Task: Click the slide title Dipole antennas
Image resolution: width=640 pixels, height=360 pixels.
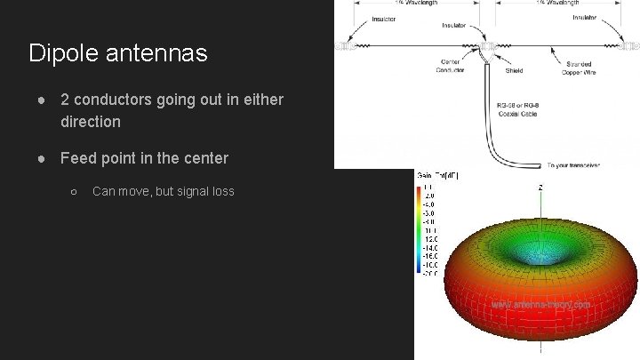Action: [118, 53]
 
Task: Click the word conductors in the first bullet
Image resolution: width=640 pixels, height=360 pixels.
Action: [116, 100]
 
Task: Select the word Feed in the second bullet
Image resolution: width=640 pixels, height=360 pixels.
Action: [78, 158]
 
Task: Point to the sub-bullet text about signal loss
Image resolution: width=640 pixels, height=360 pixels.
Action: [164, 191]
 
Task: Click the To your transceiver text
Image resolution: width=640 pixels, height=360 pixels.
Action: [574, 164]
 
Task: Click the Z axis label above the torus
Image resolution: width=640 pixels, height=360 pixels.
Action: [541, 188]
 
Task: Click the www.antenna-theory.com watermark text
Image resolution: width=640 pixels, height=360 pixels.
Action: [540, 305]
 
